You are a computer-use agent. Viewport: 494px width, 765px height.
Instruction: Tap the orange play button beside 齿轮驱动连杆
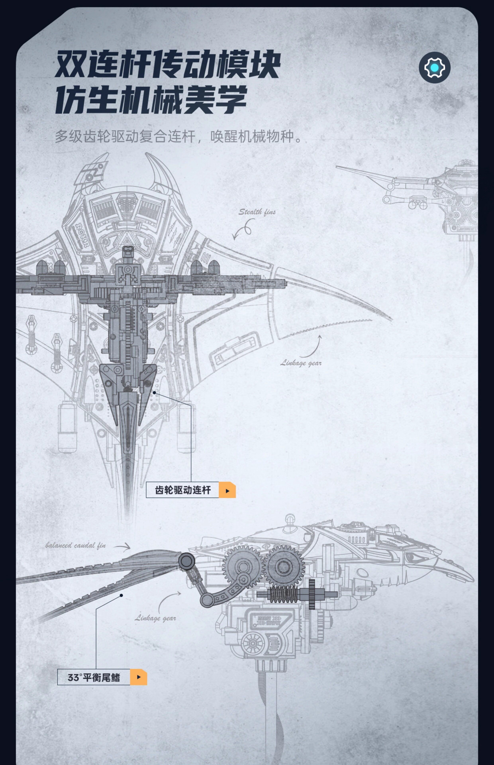227,490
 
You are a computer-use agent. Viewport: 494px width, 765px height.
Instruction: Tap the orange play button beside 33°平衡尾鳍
138,677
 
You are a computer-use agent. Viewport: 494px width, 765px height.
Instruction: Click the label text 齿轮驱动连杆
182,490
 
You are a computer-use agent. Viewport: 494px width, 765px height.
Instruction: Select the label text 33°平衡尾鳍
94,677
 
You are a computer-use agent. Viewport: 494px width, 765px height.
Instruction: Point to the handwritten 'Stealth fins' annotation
257,212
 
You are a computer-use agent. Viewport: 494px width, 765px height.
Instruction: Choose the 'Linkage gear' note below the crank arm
155,618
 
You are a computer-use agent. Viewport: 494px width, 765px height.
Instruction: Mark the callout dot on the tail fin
121,595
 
